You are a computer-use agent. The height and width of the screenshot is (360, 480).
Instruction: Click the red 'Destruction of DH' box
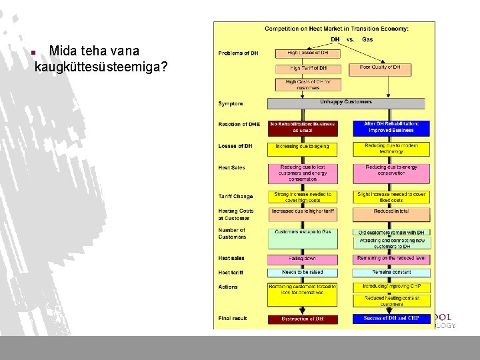click(x=302, y=319)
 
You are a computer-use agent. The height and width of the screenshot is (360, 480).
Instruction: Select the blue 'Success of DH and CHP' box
click(x=391, y=319)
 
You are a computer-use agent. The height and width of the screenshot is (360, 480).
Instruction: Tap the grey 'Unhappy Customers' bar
click(x=346, y=103)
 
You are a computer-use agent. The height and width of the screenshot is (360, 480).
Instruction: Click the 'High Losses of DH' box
click(x=308, y=53)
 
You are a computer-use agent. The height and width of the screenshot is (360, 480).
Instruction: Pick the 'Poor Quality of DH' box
click(x=379, y=67)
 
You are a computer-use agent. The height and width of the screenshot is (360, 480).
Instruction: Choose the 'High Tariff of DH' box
click(x=308, y=68)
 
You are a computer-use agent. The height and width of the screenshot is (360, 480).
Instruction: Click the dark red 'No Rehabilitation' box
click(x=302, y=127)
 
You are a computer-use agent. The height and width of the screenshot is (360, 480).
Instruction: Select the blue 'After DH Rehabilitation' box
click(x=391, y=127)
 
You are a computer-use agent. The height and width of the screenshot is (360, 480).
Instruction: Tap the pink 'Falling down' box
click(x=302, y=259)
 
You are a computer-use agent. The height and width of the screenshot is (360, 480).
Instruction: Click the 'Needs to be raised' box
click(x=302, y=273)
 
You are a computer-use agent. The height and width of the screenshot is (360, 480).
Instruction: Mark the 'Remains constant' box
click(x=391, y=273)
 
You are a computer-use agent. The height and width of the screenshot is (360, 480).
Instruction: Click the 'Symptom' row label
click(x=231, y=104)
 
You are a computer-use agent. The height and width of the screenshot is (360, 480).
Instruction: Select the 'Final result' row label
click(x=233, y=319)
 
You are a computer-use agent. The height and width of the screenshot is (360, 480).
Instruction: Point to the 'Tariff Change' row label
click(x=235, y=197)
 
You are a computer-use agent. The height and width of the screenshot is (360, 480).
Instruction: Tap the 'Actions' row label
click(x=227, y=287)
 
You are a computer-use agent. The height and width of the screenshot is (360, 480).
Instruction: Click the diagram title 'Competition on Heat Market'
click(x=337, y=29)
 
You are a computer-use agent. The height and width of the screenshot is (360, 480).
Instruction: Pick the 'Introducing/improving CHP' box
click(x=391, y=287)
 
